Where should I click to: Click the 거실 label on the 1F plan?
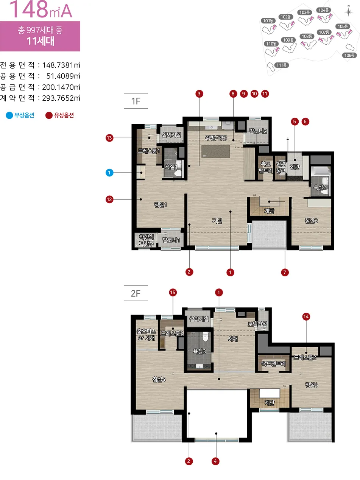[217, 221]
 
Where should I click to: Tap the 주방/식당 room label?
[216, 137]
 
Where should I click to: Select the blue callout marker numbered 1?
[109, 173]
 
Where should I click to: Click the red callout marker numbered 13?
[109, 138]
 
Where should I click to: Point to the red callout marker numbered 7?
[285, 272]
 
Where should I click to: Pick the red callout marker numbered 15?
[173, 292]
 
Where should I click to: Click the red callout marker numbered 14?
[306, 316]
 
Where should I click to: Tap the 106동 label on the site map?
[349, 55]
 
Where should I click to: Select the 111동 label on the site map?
[282, 65]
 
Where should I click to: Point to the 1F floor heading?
[136, 101]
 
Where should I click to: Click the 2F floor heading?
[136, 293]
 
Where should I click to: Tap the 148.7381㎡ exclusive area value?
[61, 65]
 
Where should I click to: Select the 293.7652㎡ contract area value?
[61, 98]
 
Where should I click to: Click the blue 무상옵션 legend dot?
[9, 115]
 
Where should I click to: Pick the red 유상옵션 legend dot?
[49, 115]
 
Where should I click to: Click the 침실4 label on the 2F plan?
[159, 379]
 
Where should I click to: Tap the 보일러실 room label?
[257, 324]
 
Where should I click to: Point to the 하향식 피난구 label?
[146, 240]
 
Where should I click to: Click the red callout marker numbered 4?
[215, 461]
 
